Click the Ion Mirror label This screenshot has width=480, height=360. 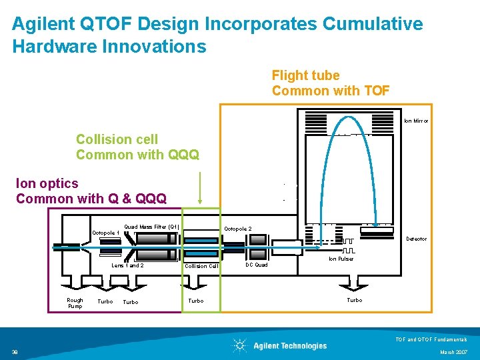click(416, 121)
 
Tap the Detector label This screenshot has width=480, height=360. click(417, 239)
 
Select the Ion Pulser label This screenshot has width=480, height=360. click(341, 259)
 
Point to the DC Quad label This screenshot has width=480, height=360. click(257, 265)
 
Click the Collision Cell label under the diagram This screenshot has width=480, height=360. click(201, 266)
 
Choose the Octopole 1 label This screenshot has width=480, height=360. click(105, 233)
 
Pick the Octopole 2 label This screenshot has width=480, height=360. click(238, 229)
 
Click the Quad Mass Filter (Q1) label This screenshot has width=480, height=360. click(152, 227)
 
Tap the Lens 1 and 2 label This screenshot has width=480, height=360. click(127, 265)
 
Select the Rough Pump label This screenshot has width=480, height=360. click(75, 303)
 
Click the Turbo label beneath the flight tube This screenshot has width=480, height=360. click(355, 300)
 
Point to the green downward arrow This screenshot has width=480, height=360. click(201, 187)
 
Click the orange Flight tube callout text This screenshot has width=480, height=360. click(331, 83)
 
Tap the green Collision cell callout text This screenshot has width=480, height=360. click(137, 147)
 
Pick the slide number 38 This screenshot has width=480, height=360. click(15, 352)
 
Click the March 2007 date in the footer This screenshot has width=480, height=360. click(454, 352)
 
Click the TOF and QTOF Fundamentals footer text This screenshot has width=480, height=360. click(436, 339)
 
